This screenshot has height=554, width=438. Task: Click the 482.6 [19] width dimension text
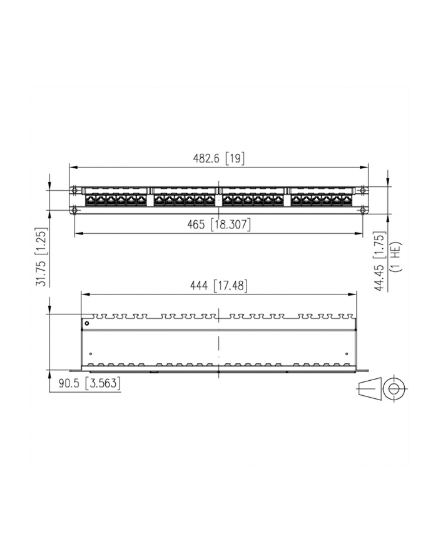coord(218,159)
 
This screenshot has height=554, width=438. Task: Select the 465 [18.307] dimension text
coord(218,225)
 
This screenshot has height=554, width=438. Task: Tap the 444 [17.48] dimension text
coord(218,286)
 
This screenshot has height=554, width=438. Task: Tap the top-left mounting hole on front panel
coord(75,190)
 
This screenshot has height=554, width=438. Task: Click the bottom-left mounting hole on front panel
coord(75,209)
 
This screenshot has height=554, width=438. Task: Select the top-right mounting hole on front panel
coord(362,190)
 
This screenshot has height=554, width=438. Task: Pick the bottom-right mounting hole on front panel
coord(362,209)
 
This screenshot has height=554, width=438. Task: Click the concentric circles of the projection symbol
coord(394,389)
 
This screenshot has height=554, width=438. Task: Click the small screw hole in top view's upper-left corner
coord(87,323)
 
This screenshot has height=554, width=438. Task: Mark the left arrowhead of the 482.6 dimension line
coord(71,168)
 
